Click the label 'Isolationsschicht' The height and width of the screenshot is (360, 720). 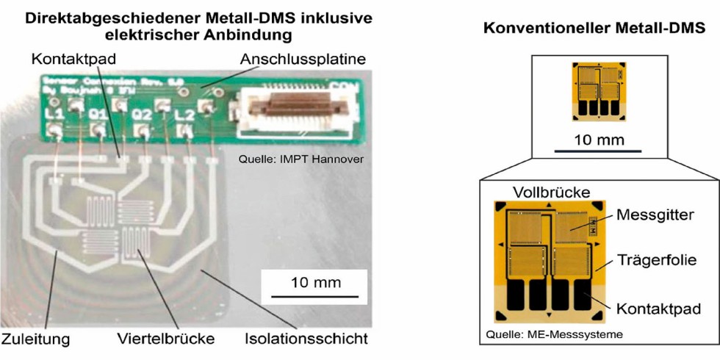click(x=306, y=340)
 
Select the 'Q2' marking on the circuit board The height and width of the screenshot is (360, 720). click(x=140, y=116)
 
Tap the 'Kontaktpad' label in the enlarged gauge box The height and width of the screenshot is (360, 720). click(x=655, y=306)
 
